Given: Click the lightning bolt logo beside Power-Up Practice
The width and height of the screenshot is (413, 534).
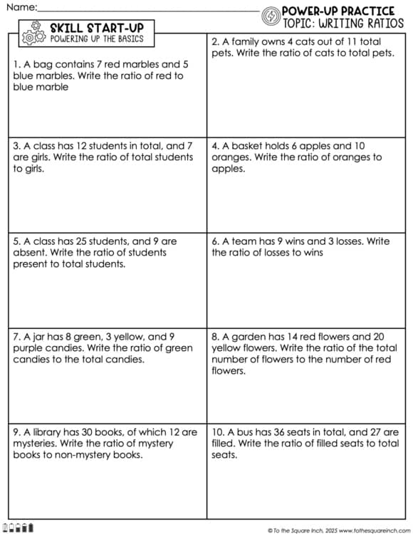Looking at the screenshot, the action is tap(271, 16).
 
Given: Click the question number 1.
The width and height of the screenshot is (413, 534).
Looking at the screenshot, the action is tap(16, 64).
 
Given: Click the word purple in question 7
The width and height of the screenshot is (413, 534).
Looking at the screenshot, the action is tap(29, 348).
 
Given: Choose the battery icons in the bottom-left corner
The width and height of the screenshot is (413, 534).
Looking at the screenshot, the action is tap(21, 528).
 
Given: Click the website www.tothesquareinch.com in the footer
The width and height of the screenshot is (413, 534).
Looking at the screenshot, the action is tap(371, 530).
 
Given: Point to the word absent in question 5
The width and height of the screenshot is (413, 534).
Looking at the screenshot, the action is tap(31, 253).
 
